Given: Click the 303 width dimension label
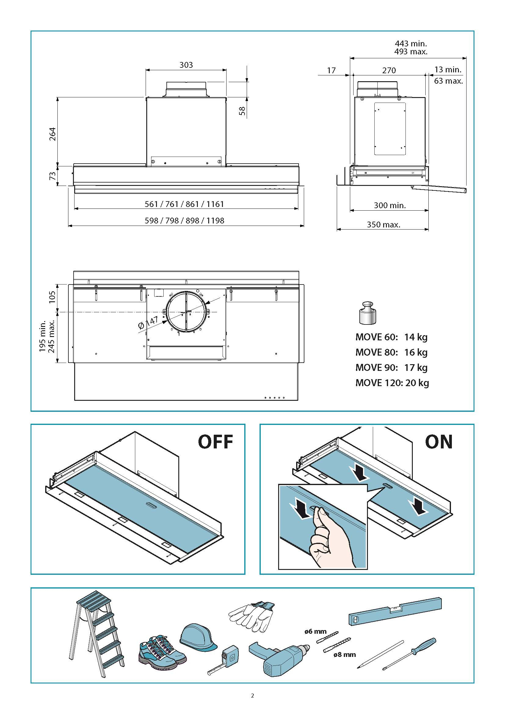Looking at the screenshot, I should tap(186, 65).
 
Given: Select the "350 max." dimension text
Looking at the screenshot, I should tap(383, 225).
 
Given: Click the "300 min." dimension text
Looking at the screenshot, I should tap(390, 205).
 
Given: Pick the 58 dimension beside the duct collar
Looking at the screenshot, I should tap(242, 111).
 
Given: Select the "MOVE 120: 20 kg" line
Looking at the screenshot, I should tap(392, 382).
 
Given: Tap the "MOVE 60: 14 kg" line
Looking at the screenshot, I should tap(391, 337).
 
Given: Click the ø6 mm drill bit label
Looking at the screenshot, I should tap(315, 632).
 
